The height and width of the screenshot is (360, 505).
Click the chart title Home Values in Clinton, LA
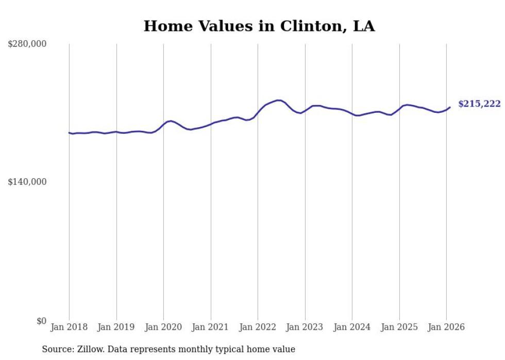(259, 26)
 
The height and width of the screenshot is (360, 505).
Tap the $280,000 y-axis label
(27, 44)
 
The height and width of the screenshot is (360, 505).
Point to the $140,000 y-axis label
(27, 182)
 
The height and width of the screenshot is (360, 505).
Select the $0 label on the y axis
(41, 321)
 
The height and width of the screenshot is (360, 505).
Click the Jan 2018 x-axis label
(69, 327)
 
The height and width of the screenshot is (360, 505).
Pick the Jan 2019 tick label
(116, 327)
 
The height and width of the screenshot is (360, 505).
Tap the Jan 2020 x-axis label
(163, 327)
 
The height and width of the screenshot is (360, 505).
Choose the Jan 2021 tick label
(211, 327)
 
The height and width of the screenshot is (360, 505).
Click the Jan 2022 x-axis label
(258, 327)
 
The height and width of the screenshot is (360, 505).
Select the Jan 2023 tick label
(305, 327)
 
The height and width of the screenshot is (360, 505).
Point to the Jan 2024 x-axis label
(352, 327)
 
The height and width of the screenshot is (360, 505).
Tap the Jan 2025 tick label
(399, 327)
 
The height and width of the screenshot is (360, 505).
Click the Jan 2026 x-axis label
(446, 327)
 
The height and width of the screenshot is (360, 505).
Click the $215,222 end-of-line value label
(479, 104)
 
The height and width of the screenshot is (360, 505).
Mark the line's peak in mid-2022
(279, 100)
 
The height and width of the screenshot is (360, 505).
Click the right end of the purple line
(450, 107)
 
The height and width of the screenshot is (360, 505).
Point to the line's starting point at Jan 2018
(69, 132)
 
